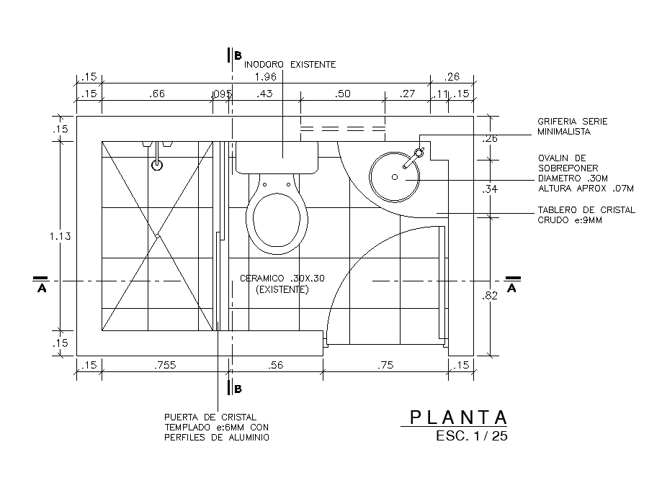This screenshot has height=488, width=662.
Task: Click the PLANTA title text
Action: pos(458,417)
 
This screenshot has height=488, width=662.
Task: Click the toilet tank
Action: pos(277,157)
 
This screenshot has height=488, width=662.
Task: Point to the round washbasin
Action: pos(393,176)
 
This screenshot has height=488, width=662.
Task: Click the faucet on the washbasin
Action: pos(414,157)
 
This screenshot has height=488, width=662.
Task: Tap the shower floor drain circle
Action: pos(157,165)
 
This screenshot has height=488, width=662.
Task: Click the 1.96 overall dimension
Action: pos(265,77)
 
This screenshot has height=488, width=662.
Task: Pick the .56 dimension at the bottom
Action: pos(275,365)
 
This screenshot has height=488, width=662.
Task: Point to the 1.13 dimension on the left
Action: pos(60,236)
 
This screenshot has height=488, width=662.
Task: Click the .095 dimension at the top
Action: pos(220,94)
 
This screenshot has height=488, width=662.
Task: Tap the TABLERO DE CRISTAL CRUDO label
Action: pos(586,215)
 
